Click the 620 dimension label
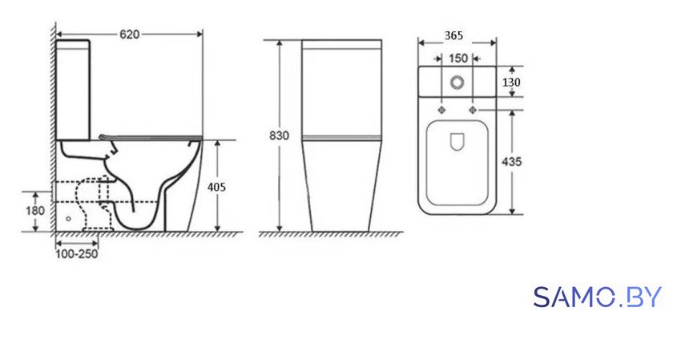pyautogui.click(x=129, y=34)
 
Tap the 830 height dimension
pyautogui.click(x=279, y=136)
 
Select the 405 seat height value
pyautogui.click(x=216, y=187)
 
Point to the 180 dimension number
pyautogui.click(x=34, y=211)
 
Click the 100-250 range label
pyautogui.click(x=76, y=254)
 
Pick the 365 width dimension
pyautogui.click(x=453, y=35)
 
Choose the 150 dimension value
pyautogui.click(x=457, y=58)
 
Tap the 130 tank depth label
pyautogui.click(x=511, y=82)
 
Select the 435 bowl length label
pyautogui.click(x=512, y=161)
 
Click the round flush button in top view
pyautogui.click(x=457, y=82)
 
